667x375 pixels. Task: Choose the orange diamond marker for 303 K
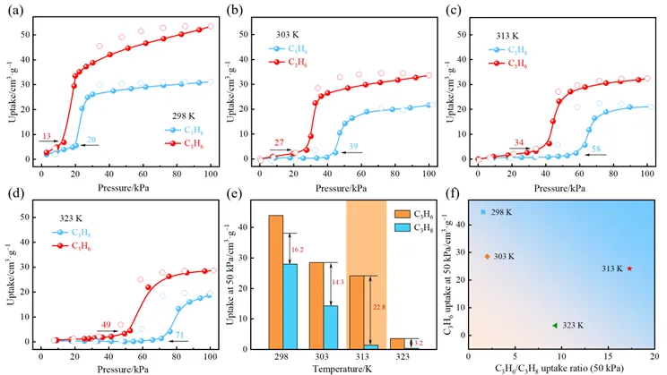[487, 257]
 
